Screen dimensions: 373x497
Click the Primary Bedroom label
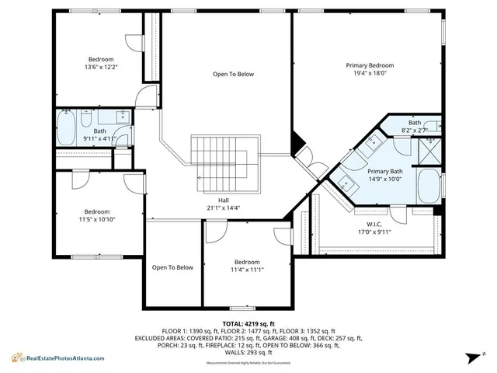369,65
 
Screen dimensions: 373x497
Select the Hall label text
223,200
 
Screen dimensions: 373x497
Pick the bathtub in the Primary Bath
428,185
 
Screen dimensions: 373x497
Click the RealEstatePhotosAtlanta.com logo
58,357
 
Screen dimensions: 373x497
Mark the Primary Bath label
384,171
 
